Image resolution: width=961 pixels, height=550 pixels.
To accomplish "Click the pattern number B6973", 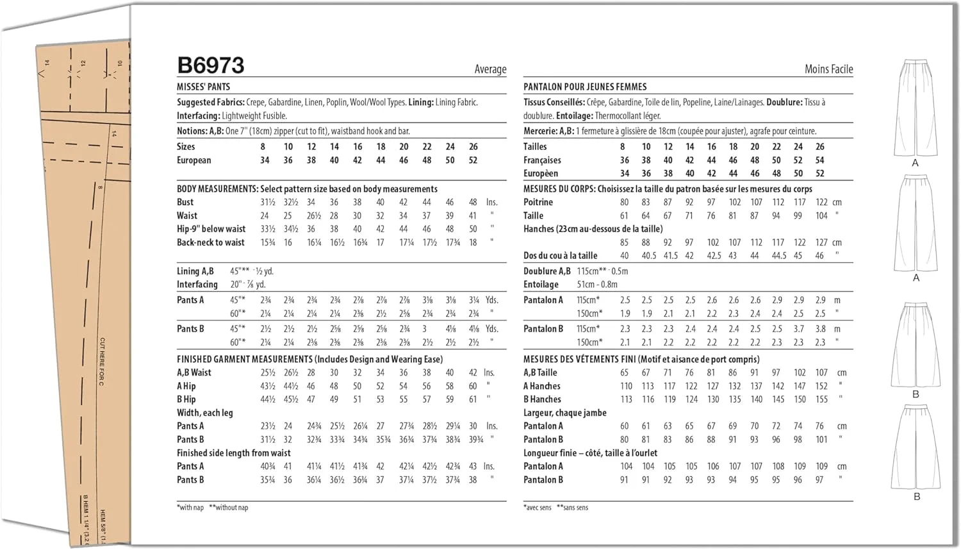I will pyautogui.click(x=211, y=65).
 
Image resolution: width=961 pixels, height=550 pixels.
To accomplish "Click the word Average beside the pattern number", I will pyautogui.click(x=490, y=69).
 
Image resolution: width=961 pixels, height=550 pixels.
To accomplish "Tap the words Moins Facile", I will pyautogui.click(x=828, y=69).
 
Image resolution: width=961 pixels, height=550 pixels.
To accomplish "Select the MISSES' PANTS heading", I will pyautogui.click(x=203, y=87).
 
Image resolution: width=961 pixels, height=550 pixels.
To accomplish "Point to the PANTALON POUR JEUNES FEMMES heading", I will pyautogui.click(x=585, y=87).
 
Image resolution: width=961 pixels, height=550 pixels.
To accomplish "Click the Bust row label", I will pyautogui.click(x=185, y=202).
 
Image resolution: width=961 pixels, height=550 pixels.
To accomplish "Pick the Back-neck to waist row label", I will pyautogui.click(x=210, y=242).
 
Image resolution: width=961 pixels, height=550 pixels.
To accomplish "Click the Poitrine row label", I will pyautogui.click(x=538, y=202).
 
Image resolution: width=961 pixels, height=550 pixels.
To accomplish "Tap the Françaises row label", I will pyautogui.click(x=542, y=160).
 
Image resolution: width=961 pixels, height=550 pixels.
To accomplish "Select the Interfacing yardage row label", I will pyautogui.click(x=197, y=285).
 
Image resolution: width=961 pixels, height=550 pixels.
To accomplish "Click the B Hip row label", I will pyautogui.click(x=186, y=399).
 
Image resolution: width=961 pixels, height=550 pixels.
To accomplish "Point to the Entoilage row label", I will pyautogui.click(x=541, y=285).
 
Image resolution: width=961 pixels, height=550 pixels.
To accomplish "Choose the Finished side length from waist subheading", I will pyautogui.click(x=233, y=453).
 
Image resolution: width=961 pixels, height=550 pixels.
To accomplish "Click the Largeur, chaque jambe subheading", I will pyautogui.click(x=564, y=413).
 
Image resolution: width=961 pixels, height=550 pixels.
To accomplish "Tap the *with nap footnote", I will pyautogui.click(x=190, y=508).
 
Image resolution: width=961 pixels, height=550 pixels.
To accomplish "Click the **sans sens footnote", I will pyautogui.click(x=572, y=508).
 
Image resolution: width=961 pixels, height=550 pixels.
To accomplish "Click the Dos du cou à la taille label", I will pyautogui.click(x=560, y=255).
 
